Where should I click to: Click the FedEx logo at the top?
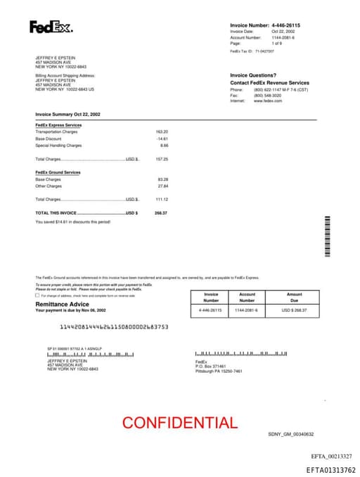[51, 27]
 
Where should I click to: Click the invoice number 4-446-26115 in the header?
[285, 25]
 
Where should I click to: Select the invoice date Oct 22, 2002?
[283, 32]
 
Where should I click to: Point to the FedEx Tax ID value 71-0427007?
[264, 51]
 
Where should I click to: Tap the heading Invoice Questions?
[253, 75]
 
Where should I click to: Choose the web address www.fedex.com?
[268, 101]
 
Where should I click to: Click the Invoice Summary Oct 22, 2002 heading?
[68, 113]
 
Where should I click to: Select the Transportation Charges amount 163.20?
[162, 132]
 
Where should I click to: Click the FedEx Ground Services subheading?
[58, 172]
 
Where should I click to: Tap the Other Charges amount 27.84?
[163, 186]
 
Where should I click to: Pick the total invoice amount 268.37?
[161, 212]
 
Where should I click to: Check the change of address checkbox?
[37, 295]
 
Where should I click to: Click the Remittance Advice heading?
[63, 304]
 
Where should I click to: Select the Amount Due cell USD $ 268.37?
[295, 310]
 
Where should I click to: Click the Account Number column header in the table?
[247, 298]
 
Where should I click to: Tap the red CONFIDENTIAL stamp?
[180, 423]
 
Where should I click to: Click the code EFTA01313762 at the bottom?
[330, 470]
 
